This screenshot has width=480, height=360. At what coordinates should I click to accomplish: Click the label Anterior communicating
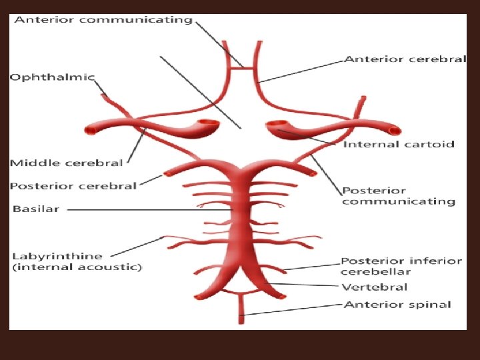click(x=103, y=20)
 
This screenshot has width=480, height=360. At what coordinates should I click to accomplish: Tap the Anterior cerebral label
click(x=405, y=59)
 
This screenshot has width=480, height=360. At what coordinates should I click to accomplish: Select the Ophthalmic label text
click(x=53, y=77)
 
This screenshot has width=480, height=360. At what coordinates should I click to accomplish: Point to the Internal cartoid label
click(x=399, y=144)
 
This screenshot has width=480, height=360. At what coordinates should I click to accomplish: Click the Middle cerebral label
click(x=67, y=163)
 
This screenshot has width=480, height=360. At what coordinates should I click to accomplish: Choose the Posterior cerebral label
click(x=73, y=186)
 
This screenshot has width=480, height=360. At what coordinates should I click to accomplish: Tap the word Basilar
click(x=36, y=209)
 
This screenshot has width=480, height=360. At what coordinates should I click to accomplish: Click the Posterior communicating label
click(x=398, y=196)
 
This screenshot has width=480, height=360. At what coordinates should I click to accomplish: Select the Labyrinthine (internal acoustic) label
click(x=77, y=261)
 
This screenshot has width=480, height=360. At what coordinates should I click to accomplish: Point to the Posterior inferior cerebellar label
click(x=401, y=266)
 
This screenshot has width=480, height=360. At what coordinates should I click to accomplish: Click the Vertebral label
click(x=374, y=287)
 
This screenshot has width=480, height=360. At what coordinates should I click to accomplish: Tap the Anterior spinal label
click(x=397, y=305)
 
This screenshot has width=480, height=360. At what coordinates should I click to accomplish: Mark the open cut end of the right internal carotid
click(x=277, y=125)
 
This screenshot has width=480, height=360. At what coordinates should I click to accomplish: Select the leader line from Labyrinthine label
click(x=137, y=245)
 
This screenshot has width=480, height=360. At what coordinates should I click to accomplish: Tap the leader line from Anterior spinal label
click(x=293, y=309)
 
